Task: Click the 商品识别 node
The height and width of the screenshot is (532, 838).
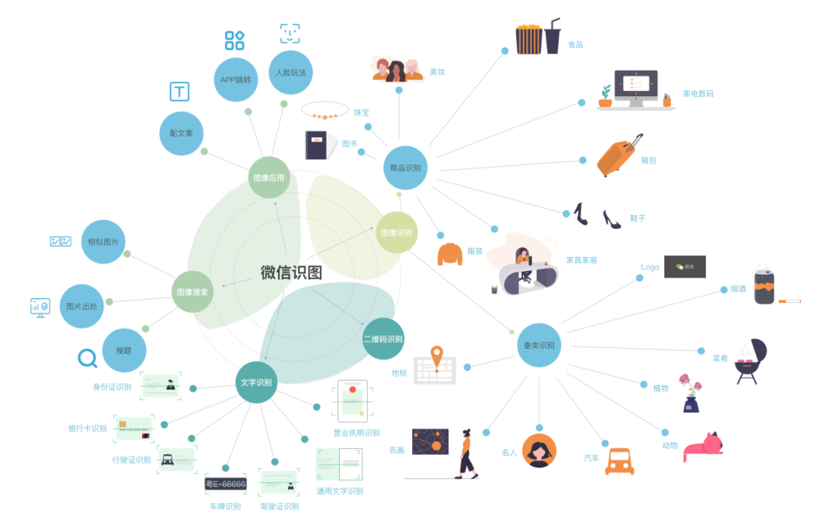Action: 405,168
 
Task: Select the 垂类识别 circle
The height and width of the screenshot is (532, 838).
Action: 539,346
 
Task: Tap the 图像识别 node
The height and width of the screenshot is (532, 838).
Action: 397,232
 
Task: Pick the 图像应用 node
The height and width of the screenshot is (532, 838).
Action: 269,177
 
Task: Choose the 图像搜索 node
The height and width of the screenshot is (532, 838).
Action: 192,292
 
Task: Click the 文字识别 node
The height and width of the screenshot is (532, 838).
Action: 256,382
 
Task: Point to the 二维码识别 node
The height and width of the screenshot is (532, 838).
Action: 383,339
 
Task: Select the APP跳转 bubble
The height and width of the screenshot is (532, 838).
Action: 236,79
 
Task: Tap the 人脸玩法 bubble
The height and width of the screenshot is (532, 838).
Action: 290,72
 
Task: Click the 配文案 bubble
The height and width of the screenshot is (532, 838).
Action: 182,133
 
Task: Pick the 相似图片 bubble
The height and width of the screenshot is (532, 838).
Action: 103,242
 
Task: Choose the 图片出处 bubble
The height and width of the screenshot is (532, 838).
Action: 81,306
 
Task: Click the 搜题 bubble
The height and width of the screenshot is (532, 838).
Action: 124,350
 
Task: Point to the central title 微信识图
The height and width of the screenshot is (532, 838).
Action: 291,273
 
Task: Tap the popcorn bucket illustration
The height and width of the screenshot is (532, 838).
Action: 528,39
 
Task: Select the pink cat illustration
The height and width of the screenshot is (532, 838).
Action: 703,448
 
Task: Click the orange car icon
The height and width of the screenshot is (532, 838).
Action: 619,461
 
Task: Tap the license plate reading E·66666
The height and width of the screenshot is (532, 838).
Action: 225,484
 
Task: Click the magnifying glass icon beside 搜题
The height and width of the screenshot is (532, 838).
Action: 87,358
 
